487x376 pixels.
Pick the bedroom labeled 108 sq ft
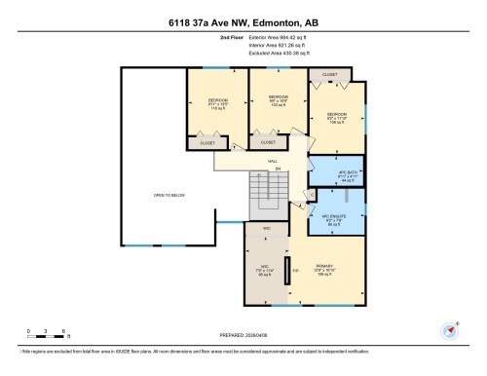tap(337, 119)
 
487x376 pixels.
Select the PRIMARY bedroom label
tap(325, 268)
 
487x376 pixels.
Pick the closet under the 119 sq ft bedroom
tap(206, 143)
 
